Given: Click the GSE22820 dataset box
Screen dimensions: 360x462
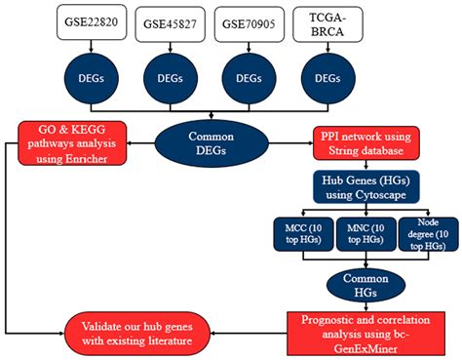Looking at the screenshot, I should [x=90, y=23].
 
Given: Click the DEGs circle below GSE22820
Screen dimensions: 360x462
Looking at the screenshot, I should [x=90, y=77].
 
